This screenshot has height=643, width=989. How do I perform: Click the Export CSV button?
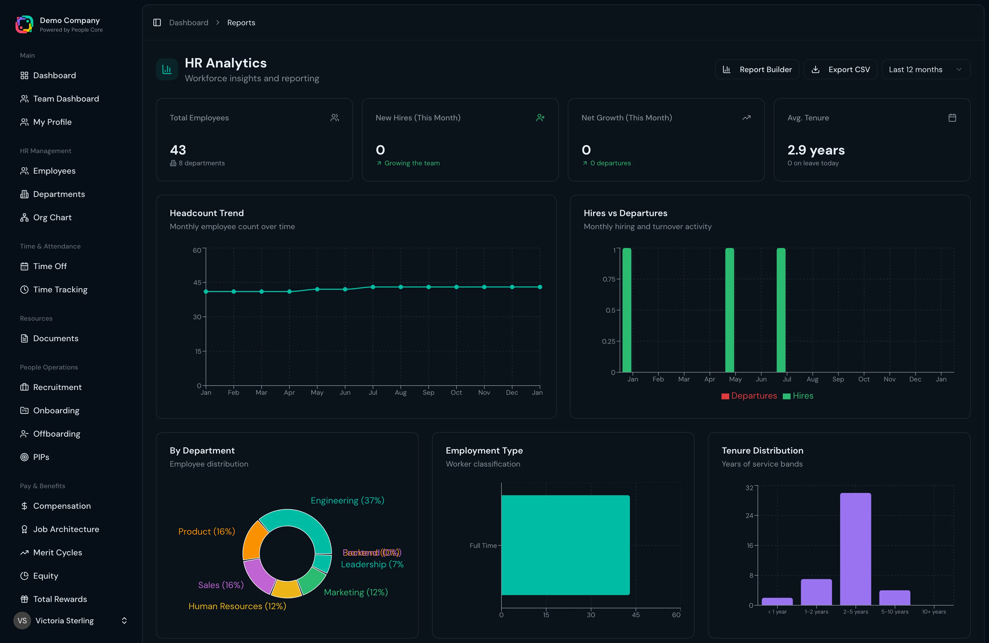click(x=840, y=69)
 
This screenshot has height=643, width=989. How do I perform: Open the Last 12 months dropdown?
click(x=925, y=69)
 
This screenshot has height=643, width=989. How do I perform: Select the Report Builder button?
click(x=757, y=69)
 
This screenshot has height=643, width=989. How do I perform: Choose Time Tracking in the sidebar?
click(x=60, y=290)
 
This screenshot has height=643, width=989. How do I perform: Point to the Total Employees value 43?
click(x=178, y=150)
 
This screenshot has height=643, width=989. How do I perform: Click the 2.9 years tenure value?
click(x=816, y=150)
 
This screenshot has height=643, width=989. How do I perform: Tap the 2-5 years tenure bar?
click(x=855, y=549)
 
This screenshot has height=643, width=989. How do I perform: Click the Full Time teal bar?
click(x=565, y=545)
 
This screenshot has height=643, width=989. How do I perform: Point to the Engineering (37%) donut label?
click(x=347, y=500)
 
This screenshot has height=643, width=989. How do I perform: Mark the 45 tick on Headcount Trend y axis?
click(x=197, y=282)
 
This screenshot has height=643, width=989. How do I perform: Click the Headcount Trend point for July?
click(x=373, y=287)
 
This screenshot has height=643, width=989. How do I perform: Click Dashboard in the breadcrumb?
click(x=189, y=22)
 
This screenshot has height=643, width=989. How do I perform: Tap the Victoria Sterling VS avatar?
click(x=22, y=621)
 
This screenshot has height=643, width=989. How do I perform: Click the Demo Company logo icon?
click(x=24, y=24)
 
